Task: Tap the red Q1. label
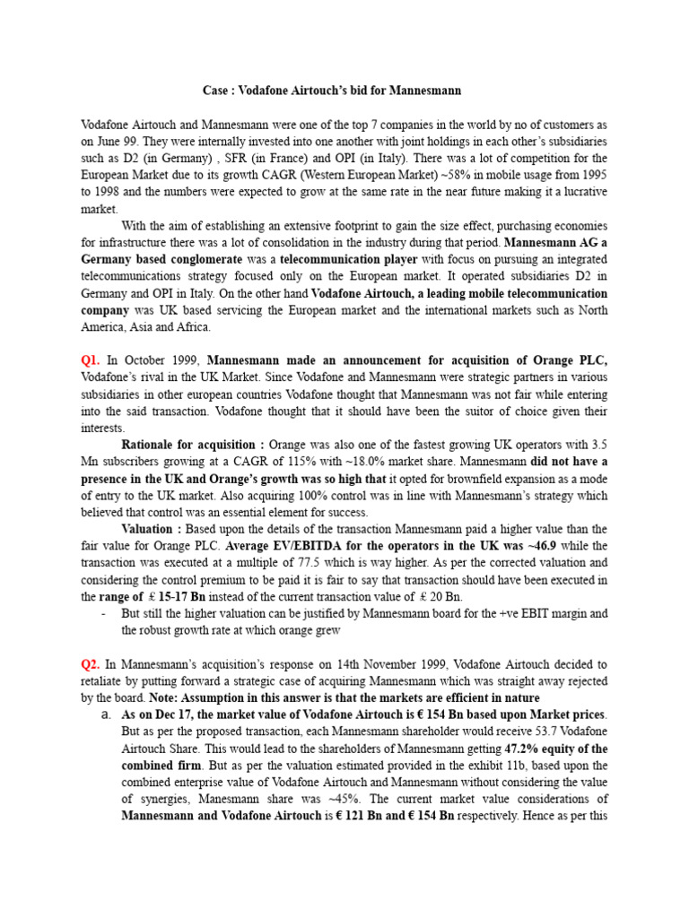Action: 92,359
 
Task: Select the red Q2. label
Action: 92,664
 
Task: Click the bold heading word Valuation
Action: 149,529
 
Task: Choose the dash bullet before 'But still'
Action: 105,614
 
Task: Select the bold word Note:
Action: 167,698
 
